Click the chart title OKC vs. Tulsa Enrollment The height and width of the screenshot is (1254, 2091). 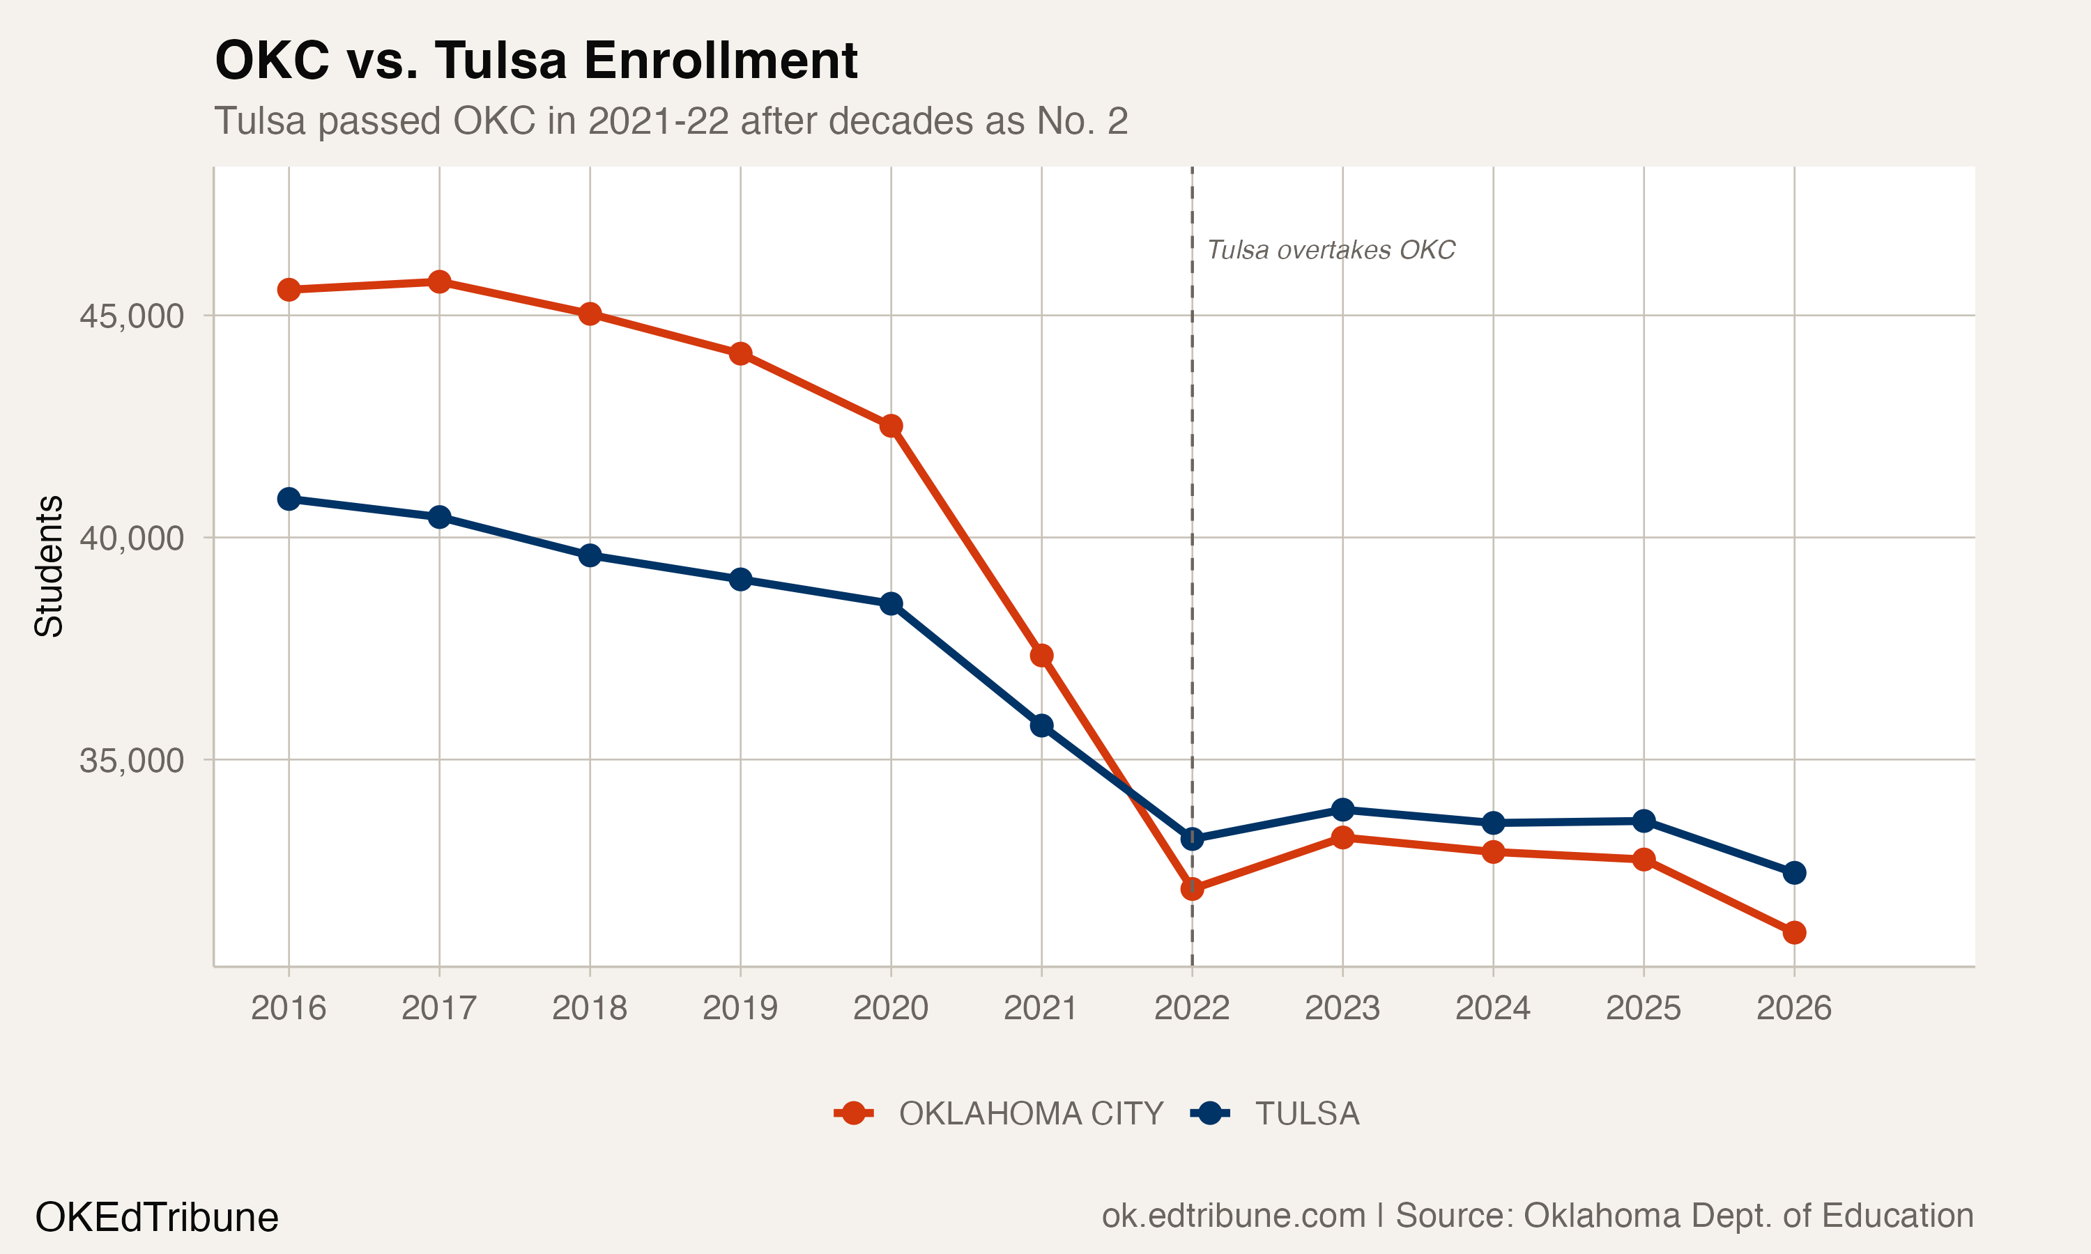tap(536, 61)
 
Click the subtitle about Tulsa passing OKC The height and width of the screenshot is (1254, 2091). tap(671, 121)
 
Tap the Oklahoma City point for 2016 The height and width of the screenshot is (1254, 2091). tap(289, 290)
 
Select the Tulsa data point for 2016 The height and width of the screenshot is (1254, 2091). tap(289, 499)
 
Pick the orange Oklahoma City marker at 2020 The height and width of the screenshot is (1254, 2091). tap(891, 426)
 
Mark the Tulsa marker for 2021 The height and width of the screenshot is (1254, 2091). tap(1041, 725)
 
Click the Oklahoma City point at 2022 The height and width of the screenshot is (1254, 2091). tap(1192, 888)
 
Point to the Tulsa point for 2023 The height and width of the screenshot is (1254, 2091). tap(1342, 810)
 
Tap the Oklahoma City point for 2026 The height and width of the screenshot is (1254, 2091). tap(1794, 932)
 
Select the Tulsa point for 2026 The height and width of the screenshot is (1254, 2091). tap(1794, 872)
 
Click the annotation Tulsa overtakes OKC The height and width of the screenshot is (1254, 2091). tap(1331, 250)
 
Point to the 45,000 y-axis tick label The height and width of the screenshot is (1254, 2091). tap(131, 316)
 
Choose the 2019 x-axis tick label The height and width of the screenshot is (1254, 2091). tap(740, 1008)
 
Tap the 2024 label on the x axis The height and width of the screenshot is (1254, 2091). tap(1492, 1008)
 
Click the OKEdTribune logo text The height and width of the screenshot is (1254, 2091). tap(156, 1218)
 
